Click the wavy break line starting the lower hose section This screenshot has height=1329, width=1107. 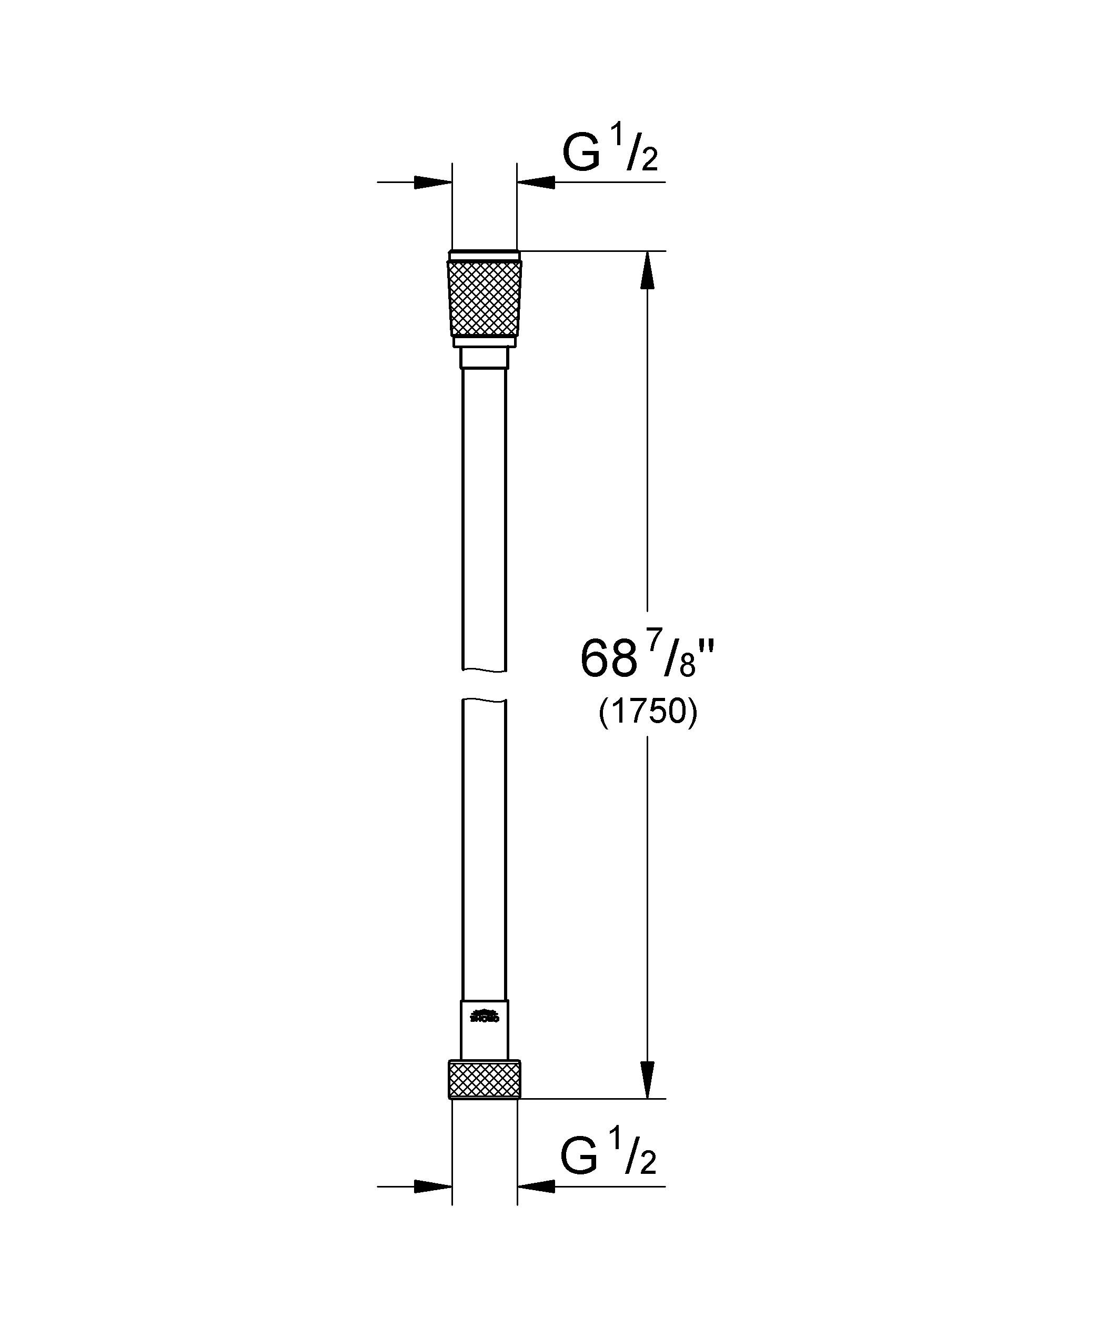click(485, 700)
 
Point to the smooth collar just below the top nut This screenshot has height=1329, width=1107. click(485, 358)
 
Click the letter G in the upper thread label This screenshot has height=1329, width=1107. click(581, 155)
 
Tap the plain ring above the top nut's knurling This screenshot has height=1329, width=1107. click(485, 256)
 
